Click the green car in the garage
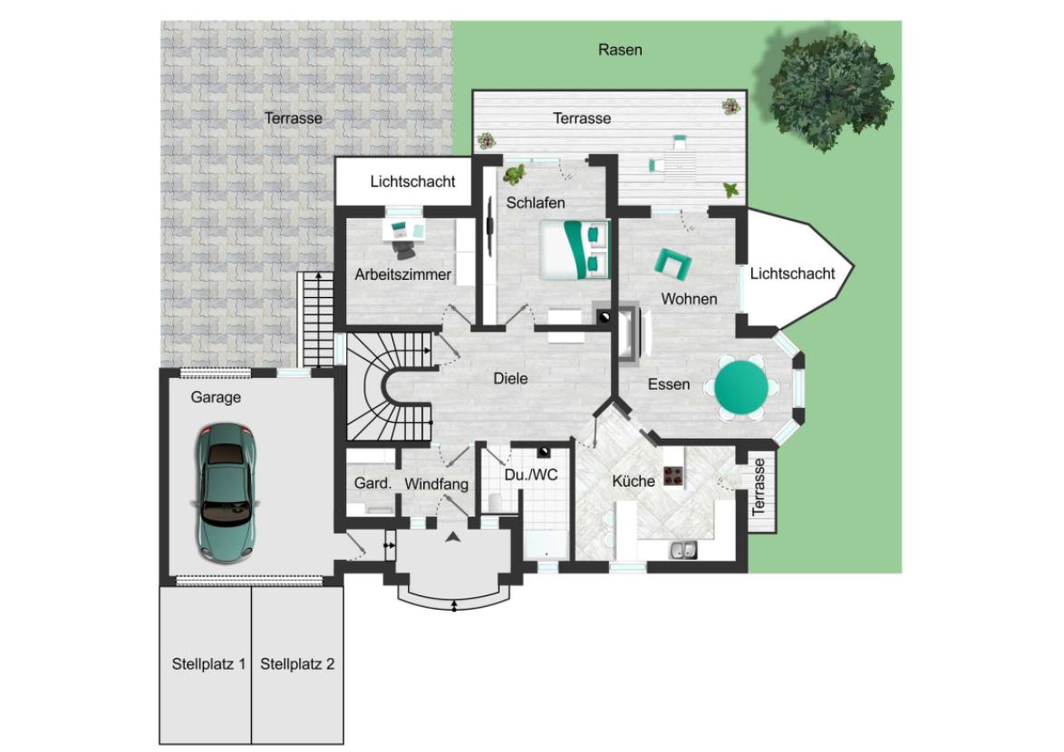click(x=226, y=493)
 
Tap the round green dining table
click(x=741, y=387)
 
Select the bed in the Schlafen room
click(x=575, y=249)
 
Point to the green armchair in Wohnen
click(x=672, y=263)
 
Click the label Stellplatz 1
click(x=208, y=664)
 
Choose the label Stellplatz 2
click(x=297, y=664)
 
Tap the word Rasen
click(x=620, y=50)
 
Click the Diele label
click(x=510, y=379)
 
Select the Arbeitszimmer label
click(x=402, y=275)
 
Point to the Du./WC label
click(x=531, y=476)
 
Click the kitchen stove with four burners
click(x=673, y=476)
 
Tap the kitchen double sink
click(x=683, y=550)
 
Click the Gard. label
click(x=373, y=484)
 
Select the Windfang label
click(x=436, y=484)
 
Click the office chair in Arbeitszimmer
click(x=405, y=249)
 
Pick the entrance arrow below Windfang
click(x=452, y=537)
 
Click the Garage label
click(x=216, y=398)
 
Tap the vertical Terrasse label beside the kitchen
click(x=759, y=487)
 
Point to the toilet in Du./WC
click(x=495, y=503)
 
